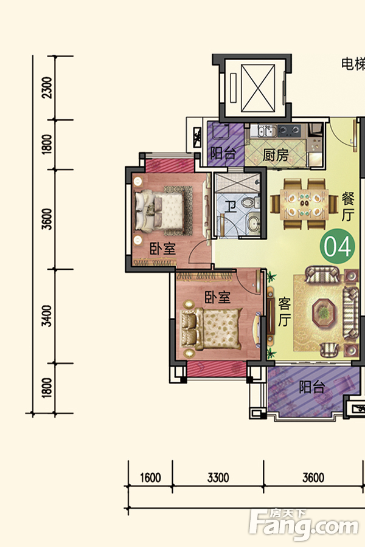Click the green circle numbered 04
coord(337,246)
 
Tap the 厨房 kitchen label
coord(276,155)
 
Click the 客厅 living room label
coord(284,312)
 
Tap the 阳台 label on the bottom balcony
coord(312,387)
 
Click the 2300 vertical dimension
coord(46,88)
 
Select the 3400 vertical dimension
coord(46,316)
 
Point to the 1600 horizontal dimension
coord(150,478)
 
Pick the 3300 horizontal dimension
coord(218,478)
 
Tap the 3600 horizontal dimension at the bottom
coord(313,478)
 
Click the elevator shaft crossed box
coord(258,89)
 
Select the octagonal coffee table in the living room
coord(325,312)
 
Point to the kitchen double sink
coord(266,131)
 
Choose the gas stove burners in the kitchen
coord(290,131)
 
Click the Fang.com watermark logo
coord(304,524)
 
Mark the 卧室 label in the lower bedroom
coord(217,297)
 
